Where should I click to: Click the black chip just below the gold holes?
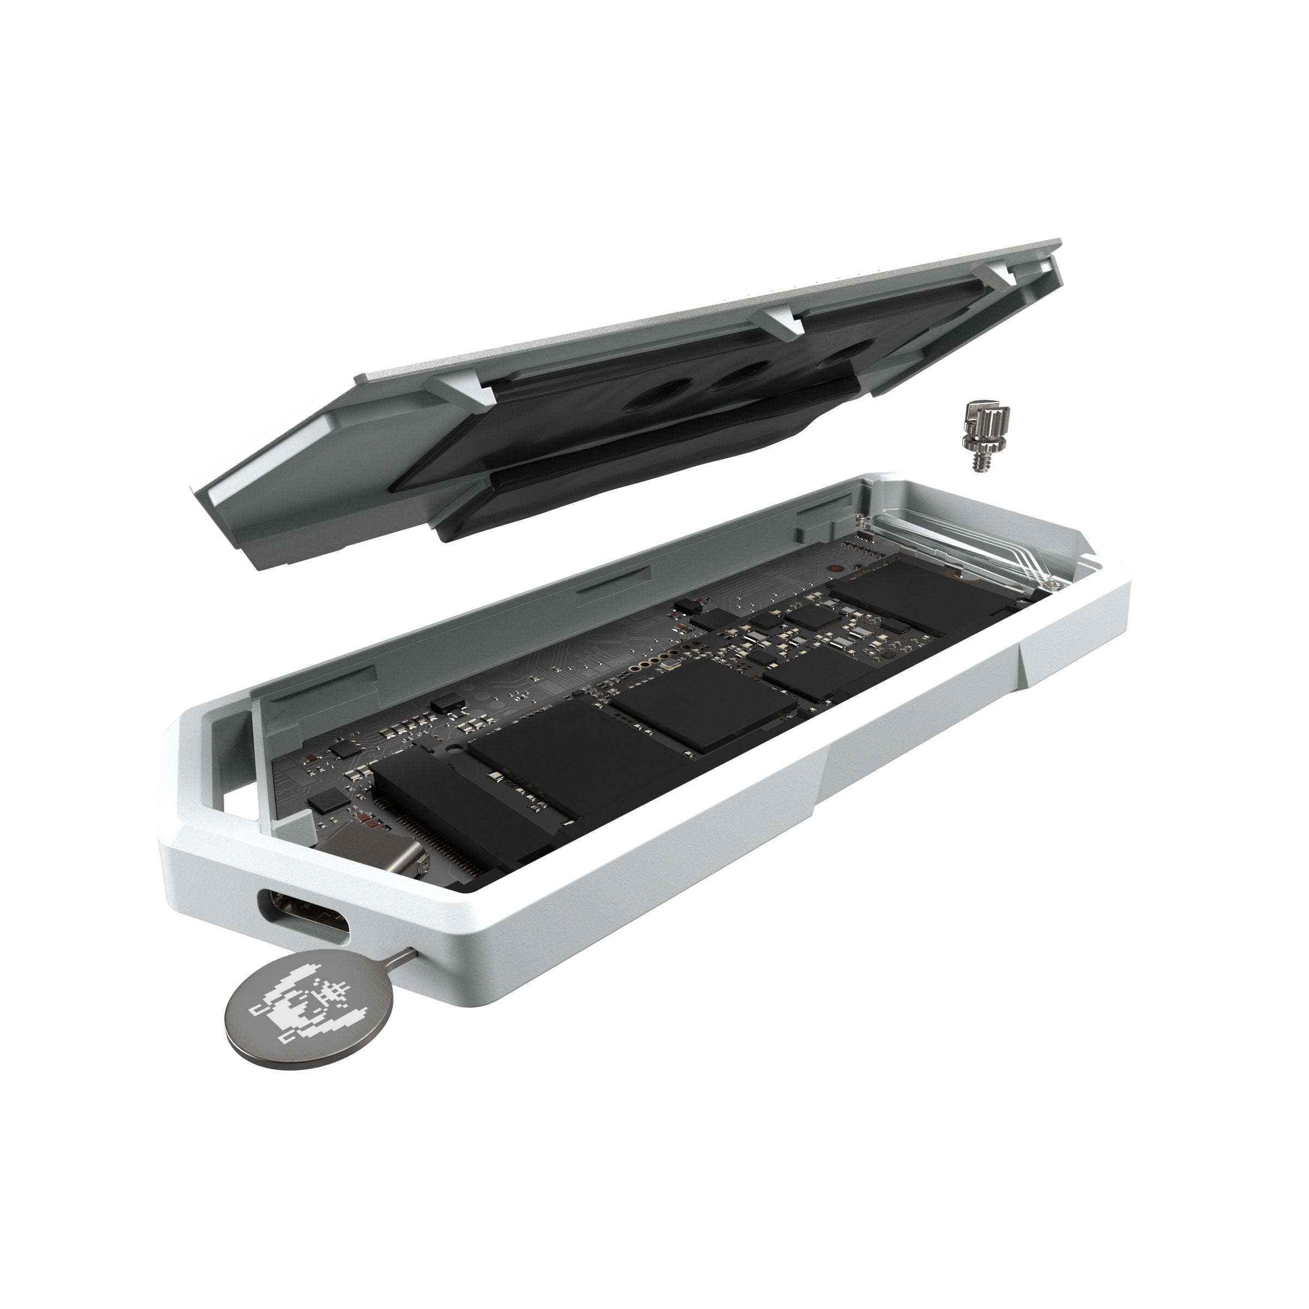coord(705,705)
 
